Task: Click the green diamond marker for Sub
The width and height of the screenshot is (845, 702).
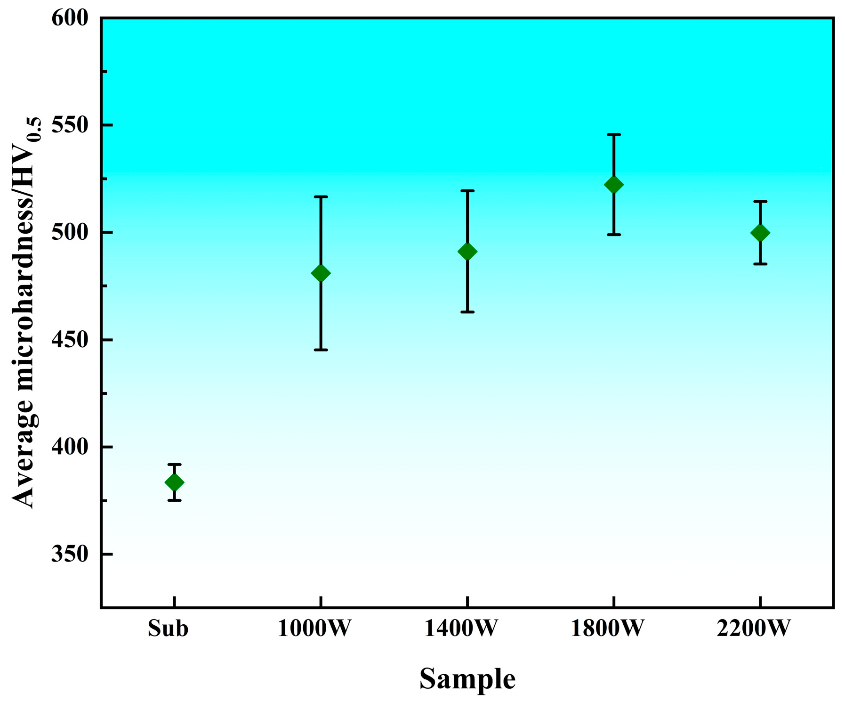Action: (x=174, y=482)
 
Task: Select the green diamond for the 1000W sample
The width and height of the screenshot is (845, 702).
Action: (x=321, y=273)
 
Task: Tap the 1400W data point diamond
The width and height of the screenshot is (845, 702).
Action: (x=467, y=252)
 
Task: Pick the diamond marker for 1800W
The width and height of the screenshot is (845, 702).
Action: (x=614, y=185)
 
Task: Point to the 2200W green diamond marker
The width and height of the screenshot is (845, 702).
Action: (x=760, y=233)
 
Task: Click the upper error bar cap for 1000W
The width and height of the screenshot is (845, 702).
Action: (x=321, y=196)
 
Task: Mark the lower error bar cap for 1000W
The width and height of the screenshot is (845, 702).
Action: (x=321, y=350)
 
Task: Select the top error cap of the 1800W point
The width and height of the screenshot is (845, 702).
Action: (x=614, y=135)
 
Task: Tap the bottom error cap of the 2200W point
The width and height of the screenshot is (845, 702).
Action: (x=760, y=264)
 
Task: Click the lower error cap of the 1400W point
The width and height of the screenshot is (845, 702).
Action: (x=467, y=312)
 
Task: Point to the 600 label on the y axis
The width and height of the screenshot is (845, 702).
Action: (x=70, y=19)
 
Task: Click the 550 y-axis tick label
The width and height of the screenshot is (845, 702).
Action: (x=70, y=125)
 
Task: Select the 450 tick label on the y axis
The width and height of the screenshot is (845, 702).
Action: (x=70, y=340)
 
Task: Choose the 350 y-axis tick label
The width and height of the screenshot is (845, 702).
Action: (x=70, y=555)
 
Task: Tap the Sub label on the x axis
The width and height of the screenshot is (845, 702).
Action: (x=168, y=629)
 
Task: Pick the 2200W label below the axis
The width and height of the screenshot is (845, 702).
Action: (x=753, y=629)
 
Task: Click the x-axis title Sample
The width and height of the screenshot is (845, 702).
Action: (x=467, y=679)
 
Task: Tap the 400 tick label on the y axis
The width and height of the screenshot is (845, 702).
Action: (x=70, y=447)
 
